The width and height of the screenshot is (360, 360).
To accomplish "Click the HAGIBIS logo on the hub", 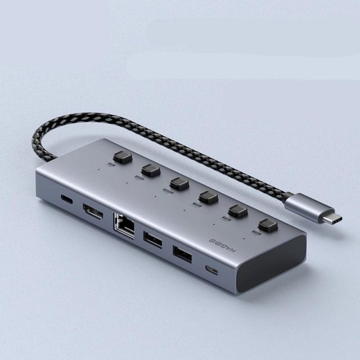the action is pyautogui.click(x=223, y=245).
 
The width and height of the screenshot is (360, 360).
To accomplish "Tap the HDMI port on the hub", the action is pyautogui.click(x=93, y=211).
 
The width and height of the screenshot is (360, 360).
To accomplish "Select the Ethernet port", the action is pyautogui.click(x=124, y=225).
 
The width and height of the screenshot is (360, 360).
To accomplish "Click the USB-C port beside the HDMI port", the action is pyautogui.click(x=67, y=199).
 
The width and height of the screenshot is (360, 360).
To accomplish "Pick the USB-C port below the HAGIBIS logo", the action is pyautogui.click(x=211, y=270).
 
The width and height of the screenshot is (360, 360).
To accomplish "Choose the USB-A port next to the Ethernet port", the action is pyautogui.click(x=152, y=240).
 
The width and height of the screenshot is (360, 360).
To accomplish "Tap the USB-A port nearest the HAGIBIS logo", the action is pyautogui.click(x=182, y=254).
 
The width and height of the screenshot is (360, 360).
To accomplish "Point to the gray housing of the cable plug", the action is pyautogui.click(x=308, y=205).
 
